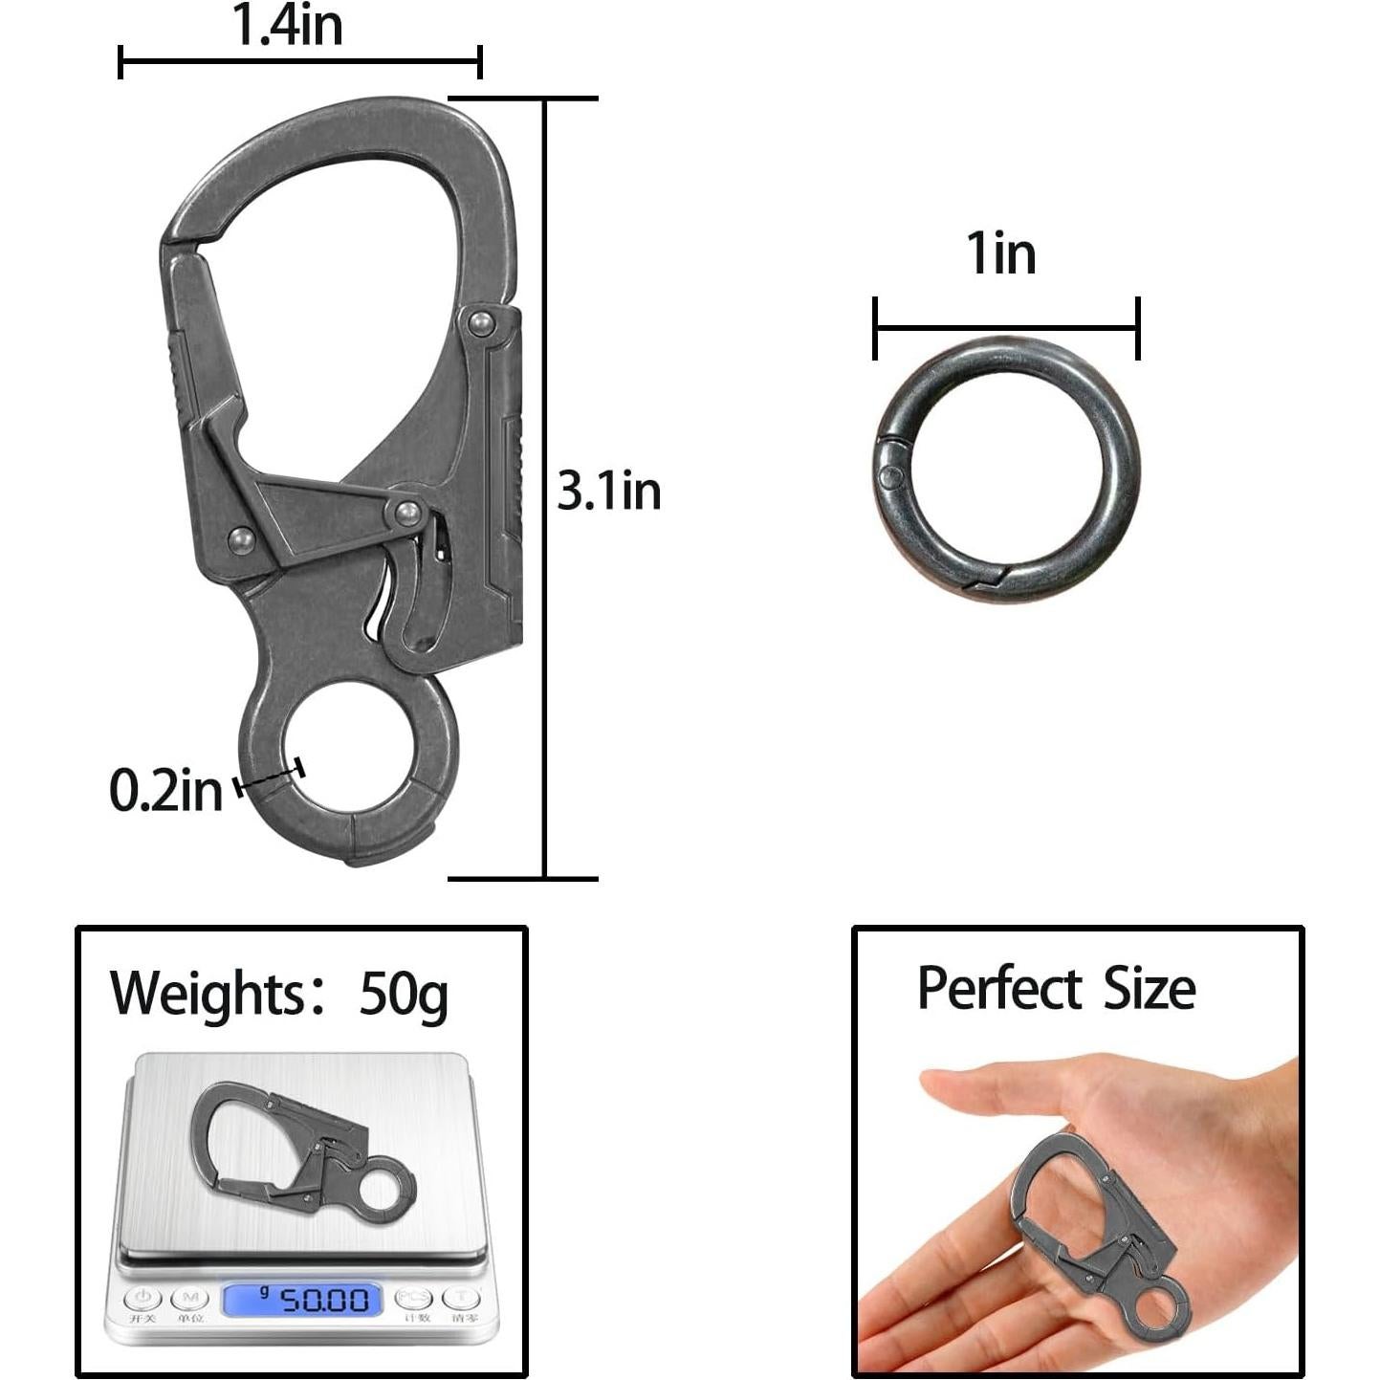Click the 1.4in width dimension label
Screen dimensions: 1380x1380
(288, 26)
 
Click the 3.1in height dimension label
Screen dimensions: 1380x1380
(609, 492)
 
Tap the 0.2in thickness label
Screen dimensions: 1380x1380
(165, 791)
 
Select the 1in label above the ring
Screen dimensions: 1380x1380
(1000, 254)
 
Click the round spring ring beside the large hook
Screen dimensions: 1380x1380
(1006, 469)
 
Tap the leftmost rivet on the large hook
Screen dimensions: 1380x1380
(241, 541)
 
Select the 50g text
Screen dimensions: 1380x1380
(404, 995)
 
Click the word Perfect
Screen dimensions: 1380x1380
(999, 989)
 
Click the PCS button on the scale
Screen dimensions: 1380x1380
(414, 1298)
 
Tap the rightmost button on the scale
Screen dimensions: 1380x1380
(462, 1298)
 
